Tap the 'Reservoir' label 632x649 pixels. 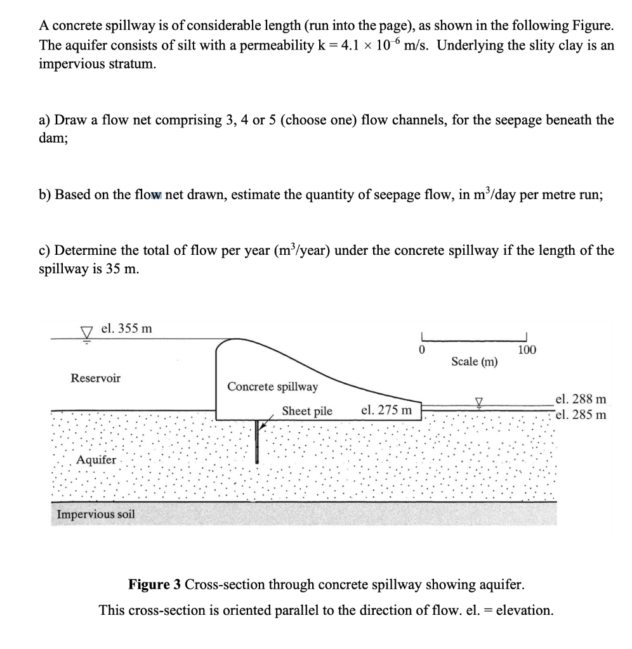(x=95, y=378)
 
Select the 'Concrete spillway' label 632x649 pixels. (x=273, y=387)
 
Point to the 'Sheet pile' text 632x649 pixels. (x=307, y=411)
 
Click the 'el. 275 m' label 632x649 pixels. (x=386, y=410)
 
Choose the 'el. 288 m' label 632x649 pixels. (x=581, y=399)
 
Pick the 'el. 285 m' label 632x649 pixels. (x=581, y=415)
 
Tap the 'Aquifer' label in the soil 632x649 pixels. (x=96, y=460)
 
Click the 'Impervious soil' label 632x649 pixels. (x=96, y=514)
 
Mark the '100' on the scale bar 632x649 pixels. (x=527, y=349)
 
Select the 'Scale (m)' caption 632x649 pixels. (x=475, y=362)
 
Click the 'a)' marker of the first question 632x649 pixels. (x=45, y=120)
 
